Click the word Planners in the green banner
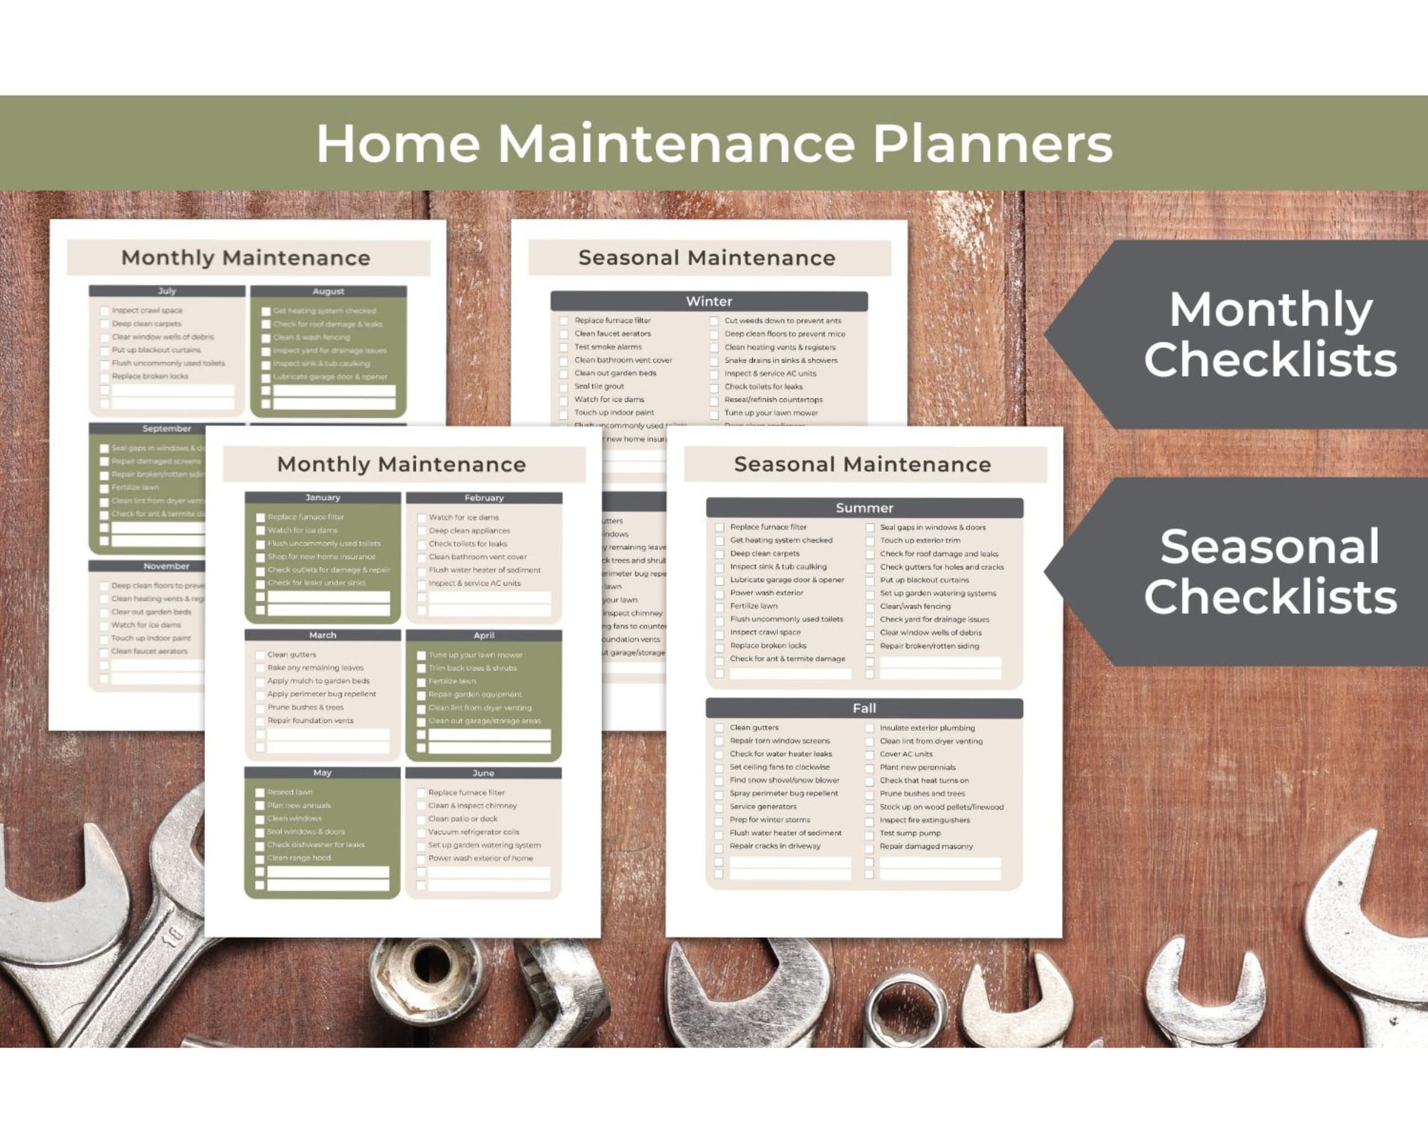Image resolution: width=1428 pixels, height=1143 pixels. click(x=992, y=144)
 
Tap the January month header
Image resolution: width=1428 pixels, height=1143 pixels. click(x=323, y=498)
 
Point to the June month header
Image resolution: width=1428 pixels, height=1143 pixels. click(x=483, y=773)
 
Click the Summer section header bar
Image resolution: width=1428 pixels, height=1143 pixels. click(x=864, y=508)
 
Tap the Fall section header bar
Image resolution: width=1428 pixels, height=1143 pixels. click(x=864, y=708)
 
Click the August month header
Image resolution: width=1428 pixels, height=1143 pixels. click(x=328, y=291)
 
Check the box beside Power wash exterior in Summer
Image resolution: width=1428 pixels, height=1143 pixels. click(x=719, y=594)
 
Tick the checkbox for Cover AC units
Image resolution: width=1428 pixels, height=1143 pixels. click(x=869, y=755)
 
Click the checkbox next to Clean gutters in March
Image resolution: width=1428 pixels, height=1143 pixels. click(x=260, y=656)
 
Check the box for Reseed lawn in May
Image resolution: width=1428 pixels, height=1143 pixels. click(x=260, y=793)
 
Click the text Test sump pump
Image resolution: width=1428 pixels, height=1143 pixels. click(x=909, y=833)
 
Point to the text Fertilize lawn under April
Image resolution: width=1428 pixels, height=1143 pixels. click(x=452, y=681)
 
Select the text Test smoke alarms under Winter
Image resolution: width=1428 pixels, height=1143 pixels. click(x=607, y=346)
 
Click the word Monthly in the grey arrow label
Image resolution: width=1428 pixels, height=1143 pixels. click(x=1270, y=309)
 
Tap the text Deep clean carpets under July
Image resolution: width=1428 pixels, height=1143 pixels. click(x=146, y=324)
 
